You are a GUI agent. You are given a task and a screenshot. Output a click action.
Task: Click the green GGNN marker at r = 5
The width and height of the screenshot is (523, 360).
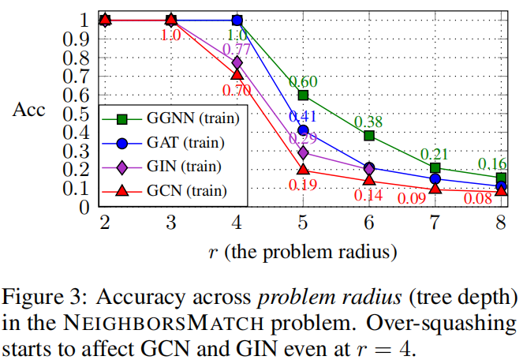click(x=303, y=95)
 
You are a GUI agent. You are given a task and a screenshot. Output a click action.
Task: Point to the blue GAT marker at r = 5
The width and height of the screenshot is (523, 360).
click(x=303, y=130)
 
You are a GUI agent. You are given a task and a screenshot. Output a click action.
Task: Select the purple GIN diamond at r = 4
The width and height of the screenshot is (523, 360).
click(x=237, y=62)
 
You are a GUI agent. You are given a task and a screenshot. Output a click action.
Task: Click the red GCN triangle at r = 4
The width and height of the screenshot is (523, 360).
click(x=237, y=74)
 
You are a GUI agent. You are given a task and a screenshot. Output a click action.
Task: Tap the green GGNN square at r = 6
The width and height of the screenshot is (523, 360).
click(x=369, y=136)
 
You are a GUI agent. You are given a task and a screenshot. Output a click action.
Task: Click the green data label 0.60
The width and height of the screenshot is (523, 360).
click(x=303, y=81)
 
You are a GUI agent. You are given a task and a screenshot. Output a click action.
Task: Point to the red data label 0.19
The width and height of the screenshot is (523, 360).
click(x=303, y=186)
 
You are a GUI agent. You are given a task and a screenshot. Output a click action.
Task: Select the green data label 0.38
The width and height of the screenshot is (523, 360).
click(x=368, y=122)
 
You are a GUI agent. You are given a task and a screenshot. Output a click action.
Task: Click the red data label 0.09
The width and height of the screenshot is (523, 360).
click(x=410, y=198)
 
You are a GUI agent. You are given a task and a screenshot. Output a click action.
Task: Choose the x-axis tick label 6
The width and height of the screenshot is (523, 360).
click(x=369, y=223)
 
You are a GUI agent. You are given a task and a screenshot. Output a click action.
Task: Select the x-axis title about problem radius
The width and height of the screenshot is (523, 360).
click(x=303, y=253)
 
